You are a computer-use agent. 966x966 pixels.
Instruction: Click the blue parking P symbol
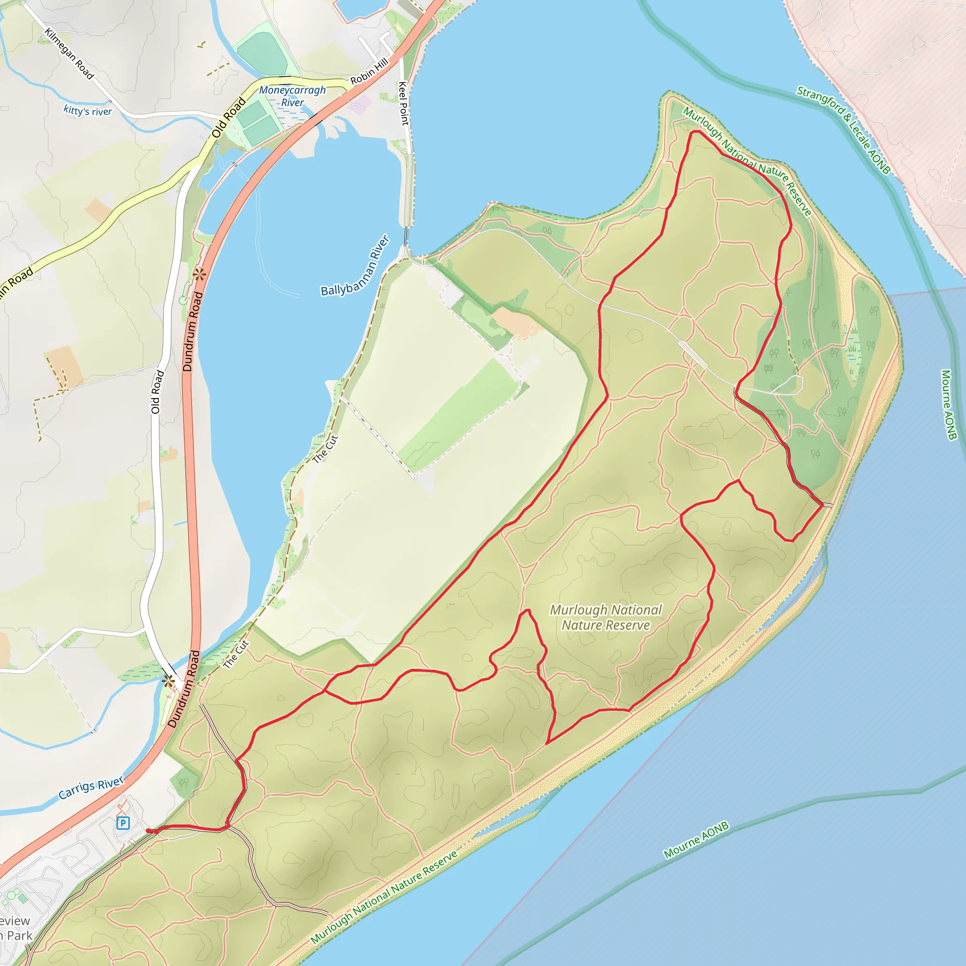(x=123, y=823)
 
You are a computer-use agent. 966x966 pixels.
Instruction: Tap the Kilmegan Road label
(x=69, y=53)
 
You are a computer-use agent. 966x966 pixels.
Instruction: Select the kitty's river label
(x=88, y=110)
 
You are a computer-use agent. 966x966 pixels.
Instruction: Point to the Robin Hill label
(x=368, y=72)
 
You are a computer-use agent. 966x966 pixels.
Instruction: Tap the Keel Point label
(x=403, y=103)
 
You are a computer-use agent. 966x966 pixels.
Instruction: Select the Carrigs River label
(x=91, y=788)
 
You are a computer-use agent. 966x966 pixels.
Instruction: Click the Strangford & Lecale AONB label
(x=843, y=130)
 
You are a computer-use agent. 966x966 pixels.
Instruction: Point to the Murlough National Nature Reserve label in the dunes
(x=606, y=617)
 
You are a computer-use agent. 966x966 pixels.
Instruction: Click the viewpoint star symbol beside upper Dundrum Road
(x=199, y=274)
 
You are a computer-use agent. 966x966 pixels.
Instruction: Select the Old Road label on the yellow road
(x=228, y=117)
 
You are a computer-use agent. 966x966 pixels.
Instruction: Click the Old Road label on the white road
(x=157, y=392)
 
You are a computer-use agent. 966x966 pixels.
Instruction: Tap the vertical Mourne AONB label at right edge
(x=949, y=405)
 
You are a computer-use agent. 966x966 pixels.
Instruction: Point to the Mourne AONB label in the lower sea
(x=696, y=840)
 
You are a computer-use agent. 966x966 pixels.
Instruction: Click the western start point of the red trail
(x=148, y=831)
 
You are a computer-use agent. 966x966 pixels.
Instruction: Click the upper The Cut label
(x=325, y=449)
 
